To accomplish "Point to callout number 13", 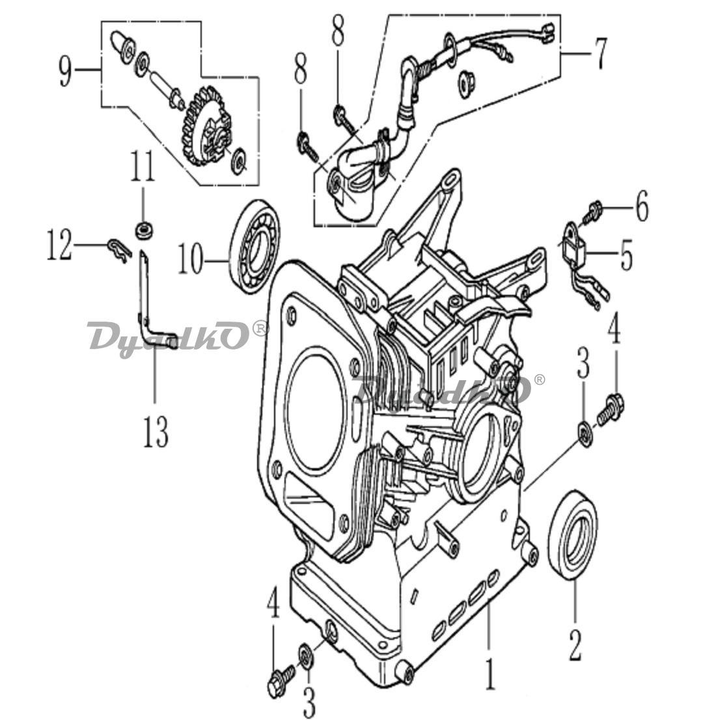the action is pyautogui.click(x=155, y=432).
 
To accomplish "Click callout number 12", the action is pyautogui.click(x=60, y=245).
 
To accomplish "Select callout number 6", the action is pyautogui.click(x=641, y=206).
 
